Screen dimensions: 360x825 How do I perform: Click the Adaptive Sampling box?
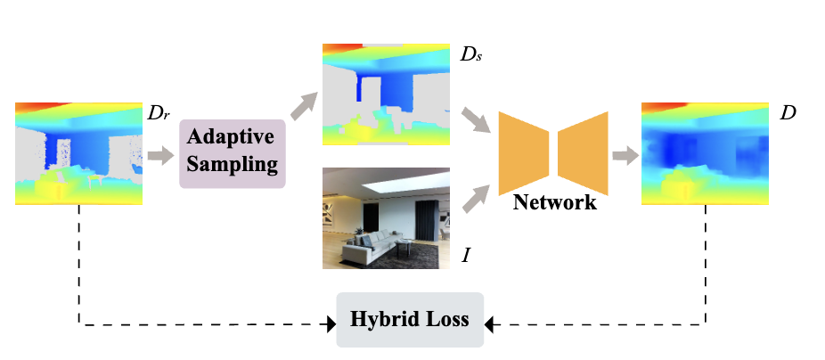click(233, 153)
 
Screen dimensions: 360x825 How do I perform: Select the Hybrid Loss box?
click(410, 319)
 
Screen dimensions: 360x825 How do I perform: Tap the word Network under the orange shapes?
click(554, 202)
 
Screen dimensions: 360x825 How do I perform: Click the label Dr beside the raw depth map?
click(159, 114)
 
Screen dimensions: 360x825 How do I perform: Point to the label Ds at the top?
click(471, 55)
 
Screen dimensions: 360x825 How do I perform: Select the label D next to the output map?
click(787, 114)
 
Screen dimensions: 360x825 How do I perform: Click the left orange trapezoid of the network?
click(523, 151)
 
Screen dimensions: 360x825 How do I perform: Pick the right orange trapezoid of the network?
click(584, 151)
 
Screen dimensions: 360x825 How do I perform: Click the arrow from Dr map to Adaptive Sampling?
click(161, 156)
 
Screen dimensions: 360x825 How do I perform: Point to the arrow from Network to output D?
click(623, 156)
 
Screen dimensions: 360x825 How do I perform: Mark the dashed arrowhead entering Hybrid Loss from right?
click(489, 324)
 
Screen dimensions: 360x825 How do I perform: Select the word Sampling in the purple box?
click(233, 164)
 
